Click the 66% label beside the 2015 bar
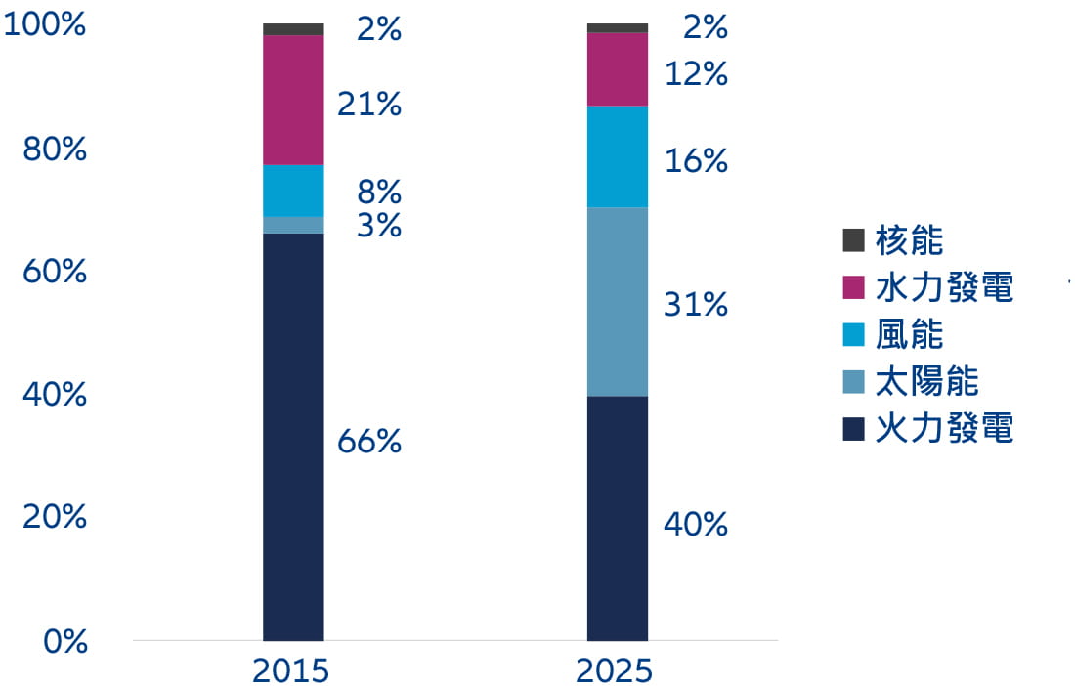[369, 442]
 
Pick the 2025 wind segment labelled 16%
[617, 156]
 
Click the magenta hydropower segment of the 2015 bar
[293, 100]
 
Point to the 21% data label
[369, 105]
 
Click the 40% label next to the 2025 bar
[696, 525]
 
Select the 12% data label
[696, 73]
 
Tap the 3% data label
[379, 226]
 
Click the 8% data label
[379, 190]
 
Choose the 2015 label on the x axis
[290, 671]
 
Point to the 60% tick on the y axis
[55, 272]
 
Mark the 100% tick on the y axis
[45, 25]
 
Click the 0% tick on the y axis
[66, 641]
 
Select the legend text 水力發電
[944, 287]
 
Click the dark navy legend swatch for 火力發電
[853, 428]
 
